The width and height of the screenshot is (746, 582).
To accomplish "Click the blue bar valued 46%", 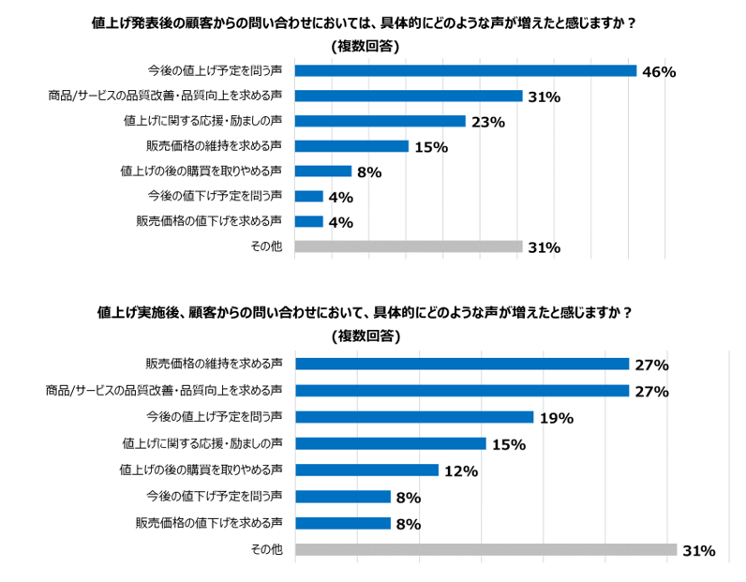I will click(x=466, y=70).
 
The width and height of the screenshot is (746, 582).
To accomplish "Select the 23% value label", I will click(x=488, y=122).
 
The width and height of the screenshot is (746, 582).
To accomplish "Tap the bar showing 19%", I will click(x=413, y=417).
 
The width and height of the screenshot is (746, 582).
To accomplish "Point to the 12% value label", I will click(x=461, y=471).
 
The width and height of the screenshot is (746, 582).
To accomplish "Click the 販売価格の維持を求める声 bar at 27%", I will click(x=461, y=364).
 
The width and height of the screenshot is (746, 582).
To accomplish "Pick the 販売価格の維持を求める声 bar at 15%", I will click(x=351, y=146).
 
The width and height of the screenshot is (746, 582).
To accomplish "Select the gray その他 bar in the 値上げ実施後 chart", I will click(x=485, y=550).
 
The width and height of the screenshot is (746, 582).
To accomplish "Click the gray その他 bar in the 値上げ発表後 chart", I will click(x=409, y=246).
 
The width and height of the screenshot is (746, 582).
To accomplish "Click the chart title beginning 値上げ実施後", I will click(x=364, y=313).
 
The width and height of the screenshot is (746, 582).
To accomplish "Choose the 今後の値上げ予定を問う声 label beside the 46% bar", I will click(x=215, y=70).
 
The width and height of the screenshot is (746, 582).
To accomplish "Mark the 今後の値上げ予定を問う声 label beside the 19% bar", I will click(x=215, y=416).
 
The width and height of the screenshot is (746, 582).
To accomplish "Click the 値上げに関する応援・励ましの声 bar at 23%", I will click(x=380, y=121).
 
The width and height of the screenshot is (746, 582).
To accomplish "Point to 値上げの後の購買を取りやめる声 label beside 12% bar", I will click(x=201, y=470).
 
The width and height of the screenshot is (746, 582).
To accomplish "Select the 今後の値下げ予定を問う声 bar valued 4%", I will click(x=309, y=197).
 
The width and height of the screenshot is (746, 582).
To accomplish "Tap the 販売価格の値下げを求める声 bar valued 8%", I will click(x=342, y=523).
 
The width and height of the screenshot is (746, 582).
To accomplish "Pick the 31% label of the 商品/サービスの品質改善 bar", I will click(x=544, y=97).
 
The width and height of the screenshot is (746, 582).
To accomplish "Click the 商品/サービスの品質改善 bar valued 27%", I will click(x=461, y=390).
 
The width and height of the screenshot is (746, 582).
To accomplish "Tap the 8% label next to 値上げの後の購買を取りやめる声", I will click(x=369, y=172).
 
